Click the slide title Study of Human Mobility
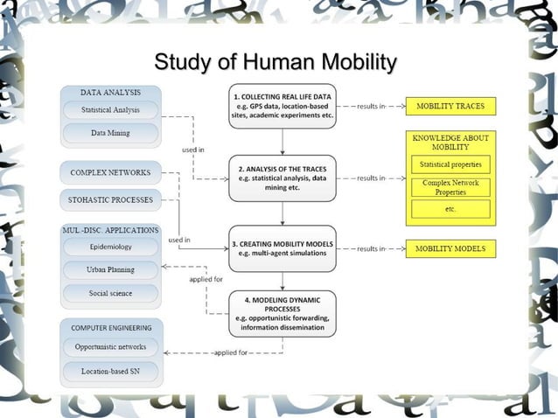(275, 63)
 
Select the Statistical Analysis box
(110, 111)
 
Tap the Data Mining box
(110, 133)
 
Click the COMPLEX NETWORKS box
(110, 172)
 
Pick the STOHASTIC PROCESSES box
(110, 200)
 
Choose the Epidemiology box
(110, 247)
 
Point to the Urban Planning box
(110, 270)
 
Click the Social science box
(110, 293)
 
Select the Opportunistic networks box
(110, 347)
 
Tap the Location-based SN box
(110, 372)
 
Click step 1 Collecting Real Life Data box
(282, 105)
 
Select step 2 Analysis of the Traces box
(282, 178)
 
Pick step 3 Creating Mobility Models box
(282, 247)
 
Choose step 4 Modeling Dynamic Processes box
(282, 314)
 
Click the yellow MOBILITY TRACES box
(450, 106)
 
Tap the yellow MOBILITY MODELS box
(450, 248)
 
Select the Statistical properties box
(450, 164)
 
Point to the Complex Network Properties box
(450, 187)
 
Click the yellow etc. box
(450, 209)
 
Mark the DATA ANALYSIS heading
(110, 91)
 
